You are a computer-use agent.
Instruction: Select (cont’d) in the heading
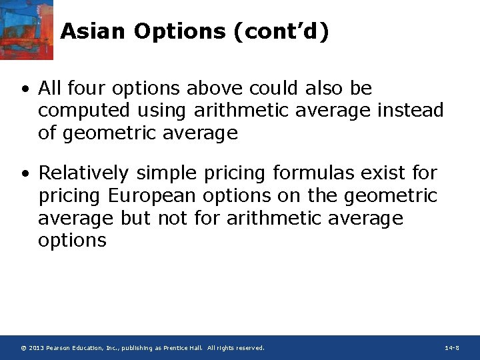281,31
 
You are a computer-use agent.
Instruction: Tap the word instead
410,110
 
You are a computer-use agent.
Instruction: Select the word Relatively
83,173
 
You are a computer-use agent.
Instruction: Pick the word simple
168,173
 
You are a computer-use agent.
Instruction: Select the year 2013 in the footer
36,348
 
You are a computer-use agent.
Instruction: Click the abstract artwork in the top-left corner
26,29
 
